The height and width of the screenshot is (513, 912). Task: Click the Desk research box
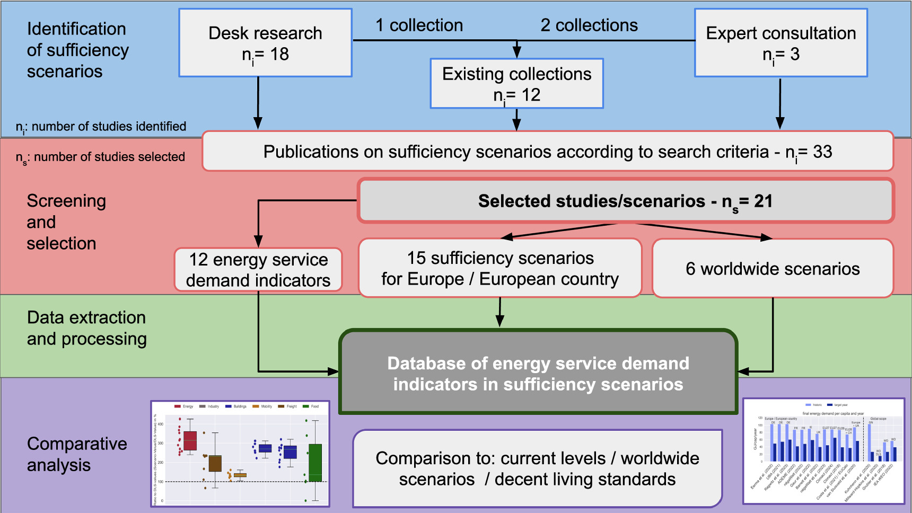tap(265, 43)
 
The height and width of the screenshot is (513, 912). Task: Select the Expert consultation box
tap(781, 43)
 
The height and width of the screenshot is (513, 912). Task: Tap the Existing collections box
tap(516, 84)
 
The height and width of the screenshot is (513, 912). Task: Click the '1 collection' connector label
tap(419, 25)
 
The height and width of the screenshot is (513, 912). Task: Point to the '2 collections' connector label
tap(589, 25)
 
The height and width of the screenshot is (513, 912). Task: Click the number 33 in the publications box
tap(822, 152)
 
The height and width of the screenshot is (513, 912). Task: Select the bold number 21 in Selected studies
tap(763, 201)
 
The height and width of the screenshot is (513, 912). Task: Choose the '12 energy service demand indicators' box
tap(258, 270)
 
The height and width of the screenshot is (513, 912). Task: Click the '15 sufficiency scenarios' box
tap(500, 268)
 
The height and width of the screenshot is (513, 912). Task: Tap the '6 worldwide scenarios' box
tap(773, 269)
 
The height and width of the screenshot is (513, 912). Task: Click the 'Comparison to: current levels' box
tap(537, 468)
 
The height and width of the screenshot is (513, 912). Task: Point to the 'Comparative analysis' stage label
tap(77, 454)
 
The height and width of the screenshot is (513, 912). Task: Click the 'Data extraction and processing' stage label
tap(86, 328)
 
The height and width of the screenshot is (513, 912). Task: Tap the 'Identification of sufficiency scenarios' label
tap(77, 50)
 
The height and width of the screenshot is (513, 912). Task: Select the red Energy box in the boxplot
tap(190, 440)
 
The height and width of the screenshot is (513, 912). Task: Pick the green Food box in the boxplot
tap(315, 463)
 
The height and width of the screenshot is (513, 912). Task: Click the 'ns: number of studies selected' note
tap(101, 157)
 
